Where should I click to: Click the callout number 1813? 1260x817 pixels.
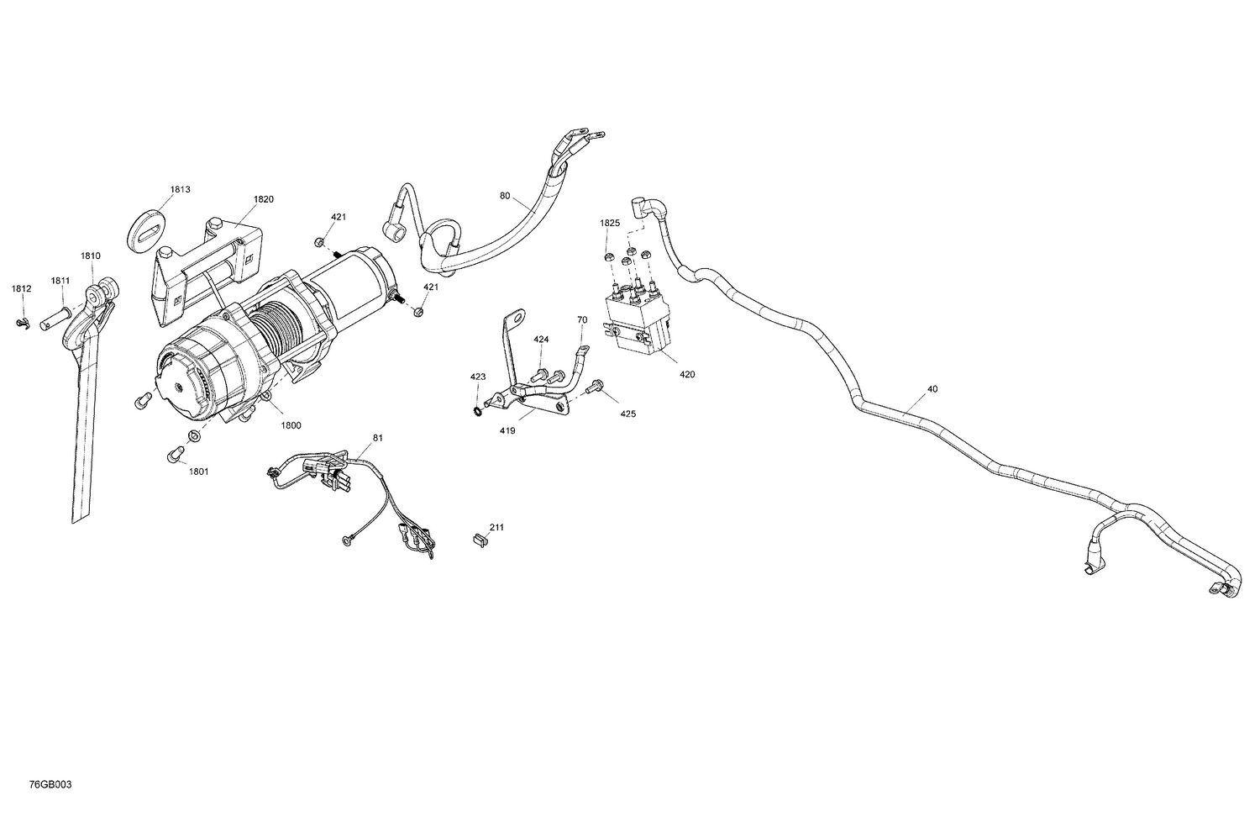180,190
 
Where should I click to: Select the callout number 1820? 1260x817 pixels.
264,200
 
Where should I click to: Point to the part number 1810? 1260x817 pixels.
91,256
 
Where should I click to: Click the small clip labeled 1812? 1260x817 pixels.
23,323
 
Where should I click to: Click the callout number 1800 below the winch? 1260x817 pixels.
291,426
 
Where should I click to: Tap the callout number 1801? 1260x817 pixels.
198,472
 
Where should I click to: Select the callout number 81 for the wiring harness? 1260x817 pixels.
377,438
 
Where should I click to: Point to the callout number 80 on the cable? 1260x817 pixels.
504,197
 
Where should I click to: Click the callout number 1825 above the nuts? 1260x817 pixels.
609,224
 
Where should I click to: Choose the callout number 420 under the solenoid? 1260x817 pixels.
687,375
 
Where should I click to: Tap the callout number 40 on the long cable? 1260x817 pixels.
932,390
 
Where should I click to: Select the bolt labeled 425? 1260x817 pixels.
596,387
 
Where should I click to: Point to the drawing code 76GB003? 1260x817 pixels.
50,785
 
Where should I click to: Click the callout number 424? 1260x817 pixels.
541,340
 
